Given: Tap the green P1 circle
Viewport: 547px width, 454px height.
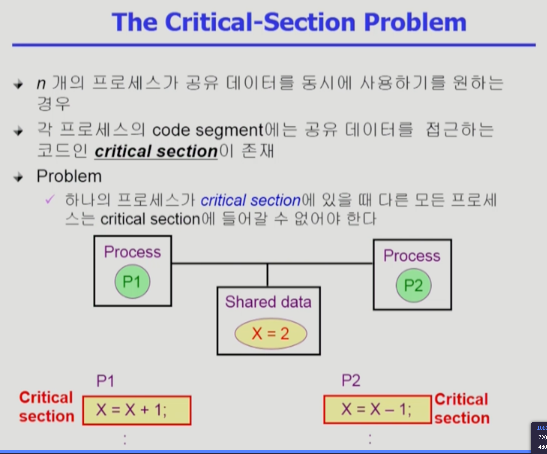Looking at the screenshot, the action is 132,281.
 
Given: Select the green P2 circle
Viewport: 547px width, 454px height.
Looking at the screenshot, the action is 413,285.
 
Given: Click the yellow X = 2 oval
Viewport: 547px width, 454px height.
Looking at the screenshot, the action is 271,334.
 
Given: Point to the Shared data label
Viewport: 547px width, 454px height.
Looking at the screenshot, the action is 268,302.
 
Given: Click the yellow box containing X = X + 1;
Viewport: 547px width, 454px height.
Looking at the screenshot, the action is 137,410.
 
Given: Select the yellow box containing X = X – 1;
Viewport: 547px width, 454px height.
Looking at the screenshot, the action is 377,409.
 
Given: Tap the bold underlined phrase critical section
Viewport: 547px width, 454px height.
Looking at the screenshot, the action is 156,151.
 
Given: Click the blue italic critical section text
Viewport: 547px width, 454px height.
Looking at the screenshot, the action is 251,200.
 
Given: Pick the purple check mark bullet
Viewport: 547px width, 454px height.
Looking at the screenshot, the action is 49,200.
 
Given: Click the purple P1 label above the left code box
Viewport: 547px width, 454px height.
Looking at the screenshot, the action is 105,381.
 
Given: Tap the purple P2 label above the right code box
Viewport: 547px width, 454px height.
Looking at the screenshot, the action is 351,380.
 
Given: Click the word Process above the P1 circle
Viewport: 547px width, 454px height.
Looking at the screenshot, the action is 133,252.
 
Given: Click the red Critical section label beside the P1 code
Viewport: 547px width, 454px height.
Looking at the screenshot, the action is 46,407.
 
